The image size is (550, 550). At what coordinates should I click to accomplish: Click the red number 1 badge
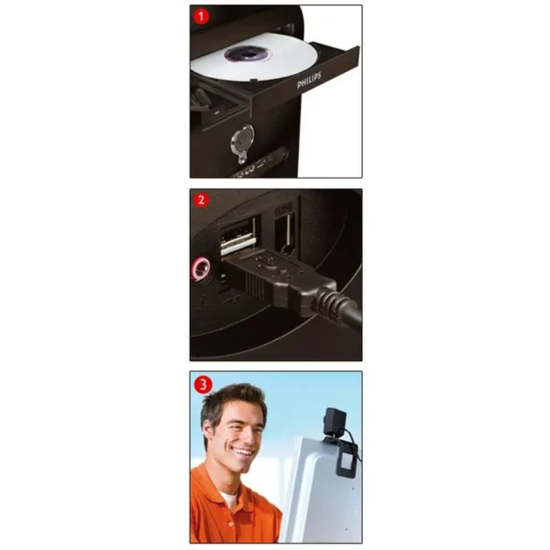coord(201,16)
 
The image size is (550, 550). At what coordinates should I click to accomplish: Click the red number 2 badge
coord(202,200)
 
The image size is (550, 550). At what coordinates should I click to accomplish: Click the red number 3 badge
coord(203,385)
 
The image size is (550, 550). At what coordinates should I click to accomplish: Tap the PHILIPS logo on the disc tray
coord(309,81)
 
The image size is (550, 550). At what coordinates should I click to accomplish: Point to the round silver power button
coord(243,141)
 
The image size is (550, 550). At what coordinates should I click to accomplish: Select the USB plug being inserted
coord(277,276)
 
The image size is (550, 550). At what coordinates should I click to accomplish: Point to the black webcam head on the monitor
coord(334,422)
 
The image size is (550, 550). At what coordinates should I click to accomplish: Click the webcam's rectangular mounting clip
coord(347,459)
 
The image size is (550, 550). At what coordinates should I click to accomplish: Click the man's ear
coord(208,433)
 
